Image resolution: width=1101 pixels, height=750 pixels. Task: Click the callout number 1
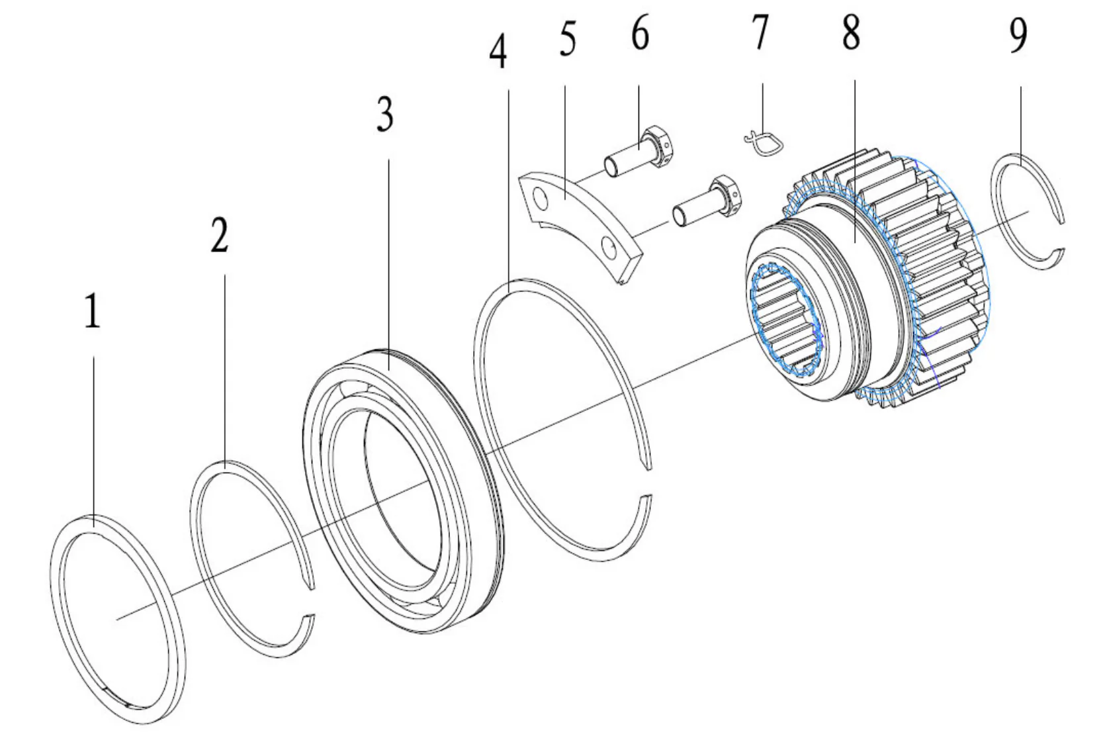click(x=92, y=312)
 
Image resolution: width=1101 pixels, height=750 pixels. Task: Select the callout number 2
click(x=219, y=235)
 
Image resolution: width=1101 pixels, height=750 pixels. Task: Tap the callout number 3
click(x=384, y=114)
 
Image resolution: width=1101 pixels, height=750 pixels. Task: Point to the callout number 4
click(x=498, y=52)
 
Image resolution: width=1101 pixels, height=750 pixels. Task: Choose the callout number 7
click(x=760, y=33)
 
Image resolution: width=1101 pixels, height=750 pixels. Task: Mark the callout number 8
click(x=851, y=32)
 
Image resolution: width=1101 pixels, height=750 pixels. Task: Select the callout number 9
click(x=1018, y=35)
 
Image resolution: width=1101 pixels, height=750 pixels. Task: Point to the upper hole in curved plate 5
click(x=541, y=199)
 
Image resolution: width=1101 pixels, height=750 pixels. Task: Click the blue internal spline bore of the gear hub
click(x=784, y=321)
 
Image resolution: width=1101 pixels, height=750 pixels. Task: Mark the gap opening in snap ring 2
click(x=309, y=601)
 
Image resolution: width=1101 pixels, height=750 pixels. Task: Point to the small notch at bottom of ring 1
click(x=112, y=692)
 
